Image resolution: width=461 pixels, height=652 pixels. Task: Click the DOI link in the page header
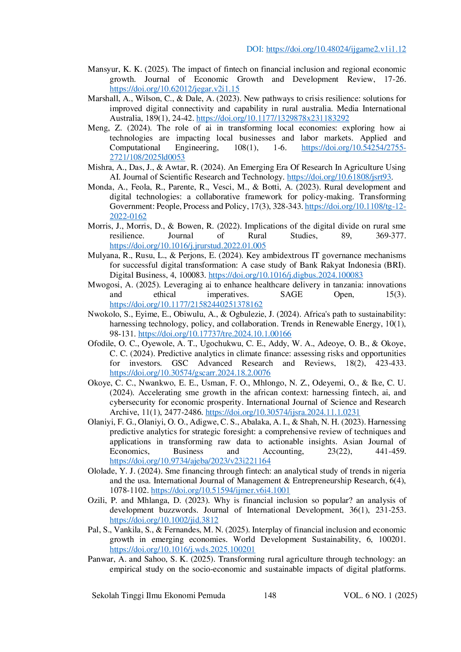tap(336, 49)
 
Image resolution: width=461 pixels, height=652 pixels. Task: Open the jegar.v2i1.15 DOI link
tap(174, 89)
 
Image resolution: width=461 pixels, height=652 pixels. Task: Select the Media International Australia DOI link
tap(273, 118)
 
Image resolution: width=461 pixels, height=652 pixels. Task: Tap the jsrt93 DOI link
tap(339, 177)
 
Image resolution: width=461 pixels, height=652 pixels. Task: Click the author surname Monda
tap(98, 187)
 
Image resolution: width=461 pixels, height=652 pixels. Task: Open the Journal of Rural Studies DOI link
tap(188, 246)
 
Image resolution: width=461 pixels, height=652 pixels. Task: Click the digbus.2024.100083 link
tap(286, 275)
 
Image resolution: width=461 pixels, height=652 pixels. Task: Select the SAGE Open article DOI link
tap(186, 304)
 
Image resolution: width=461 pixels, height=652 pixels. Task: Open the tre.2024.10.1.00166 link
tap(215, 334)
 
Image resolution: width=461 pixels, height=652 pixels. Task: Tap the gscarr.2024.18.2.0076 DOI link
tap(190, 373)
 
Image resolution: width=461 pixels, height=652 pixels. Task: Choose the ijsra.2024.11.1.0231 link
tap(283, 412)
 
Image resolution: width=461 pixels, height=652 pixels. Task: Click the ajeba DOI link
tap(190, 461)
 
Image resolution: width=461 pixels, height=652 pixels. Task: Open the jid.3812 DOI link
tap(164, 520)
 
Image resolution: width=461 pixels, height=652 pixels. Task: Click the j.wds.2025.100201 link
tap(182, 549)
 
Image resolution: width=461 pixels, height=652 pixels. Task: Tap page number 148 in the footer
tap(270, 595)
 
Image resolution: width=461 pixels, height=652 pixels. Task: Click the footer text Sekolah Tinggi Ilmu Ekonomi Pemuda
tap(158, 595)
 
